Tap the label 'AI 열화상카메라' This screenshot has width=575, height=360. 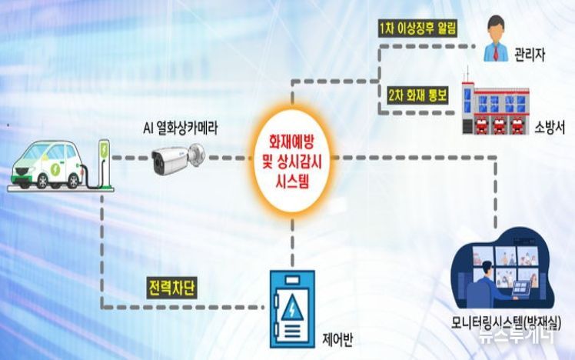[180, 128]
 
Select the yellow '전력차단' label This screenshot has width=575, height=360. [171, 288]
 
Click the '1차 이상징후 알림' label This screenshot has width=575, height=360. [417, 28]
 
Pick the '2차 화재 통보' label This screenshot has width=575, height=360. [417, 95]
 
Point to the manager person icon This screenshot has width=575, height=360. [496, 38]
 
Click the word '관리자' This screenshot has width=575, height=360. [530, 55]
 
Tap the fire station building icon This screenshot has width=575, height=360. [495, 103]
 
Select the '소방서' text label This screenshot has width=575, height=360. [550, 127]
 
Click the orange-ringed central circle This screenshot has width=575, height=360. [292, 160]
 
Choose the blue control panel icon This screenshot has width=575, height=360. [292, 309]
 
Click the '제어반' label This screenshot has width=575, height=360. [337, 339]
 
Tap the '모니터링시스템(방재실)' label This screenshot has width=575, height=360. [506, 322]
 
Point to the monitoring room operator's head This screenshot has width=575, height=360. [487, 269]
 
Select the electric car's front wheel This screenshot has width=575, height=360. [42, 181]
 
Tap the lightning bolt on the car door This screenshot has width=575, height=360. [56, 168]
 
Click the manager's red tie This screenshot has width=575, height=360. [496, 52]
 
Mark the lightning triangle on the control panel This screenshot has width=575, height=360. [292, 308]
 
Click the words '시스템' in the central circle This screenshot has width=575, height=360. [292, 181]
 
